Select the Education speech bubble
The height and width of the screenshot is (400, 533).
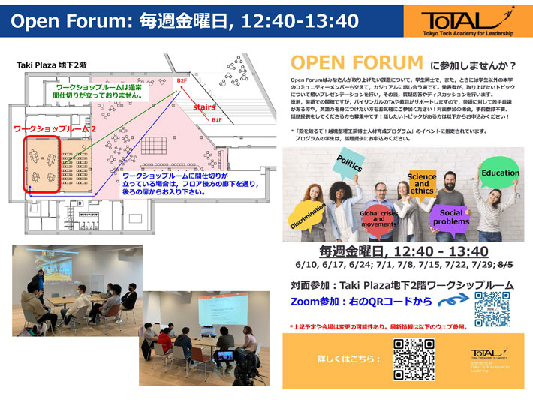coord(500,173)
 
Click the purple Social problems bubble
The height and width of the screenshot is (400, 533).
coord(451,217)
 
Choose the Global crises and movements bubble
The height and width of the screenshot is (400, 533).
coord(379,219)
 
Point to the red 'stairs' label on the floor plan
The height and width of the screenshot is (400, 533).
coord(203,107)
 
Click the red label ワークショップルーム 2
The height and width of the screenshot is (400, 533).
coord(56,129)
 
